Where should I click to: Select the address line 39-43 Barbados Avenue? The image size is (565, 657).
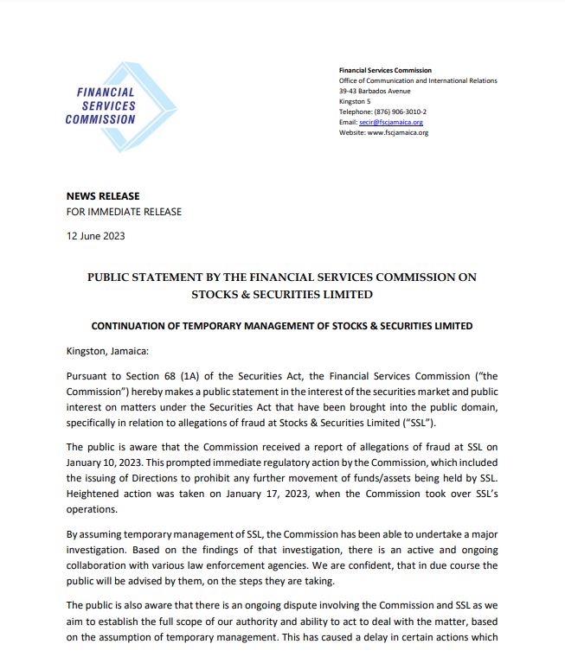pyautogui.click(x=375, y=92)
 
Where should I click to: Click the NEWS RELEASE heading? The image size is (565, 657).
pyautogui.click(x=103, y=196)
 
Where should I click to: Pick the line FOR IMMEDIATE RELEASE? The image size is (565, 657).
pyautogui.click(x=124, y=212)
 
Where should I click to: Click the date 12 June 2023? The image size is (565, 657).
pyautogui.click(x=95, y=236)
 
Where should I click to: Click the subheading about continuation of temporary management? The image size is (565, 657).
pyautogui.click(x=282, y=326)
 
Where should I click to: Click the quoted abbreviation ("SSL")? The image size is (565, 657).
pyautogui.click(x=418, y=422)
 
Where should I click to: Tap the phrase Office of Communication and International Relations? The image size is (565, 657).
pyautogui.click(x=418, y=81)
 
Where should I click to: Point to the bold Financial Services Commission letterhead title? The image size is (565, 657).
pyautogui.click(x=385, y=71)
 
